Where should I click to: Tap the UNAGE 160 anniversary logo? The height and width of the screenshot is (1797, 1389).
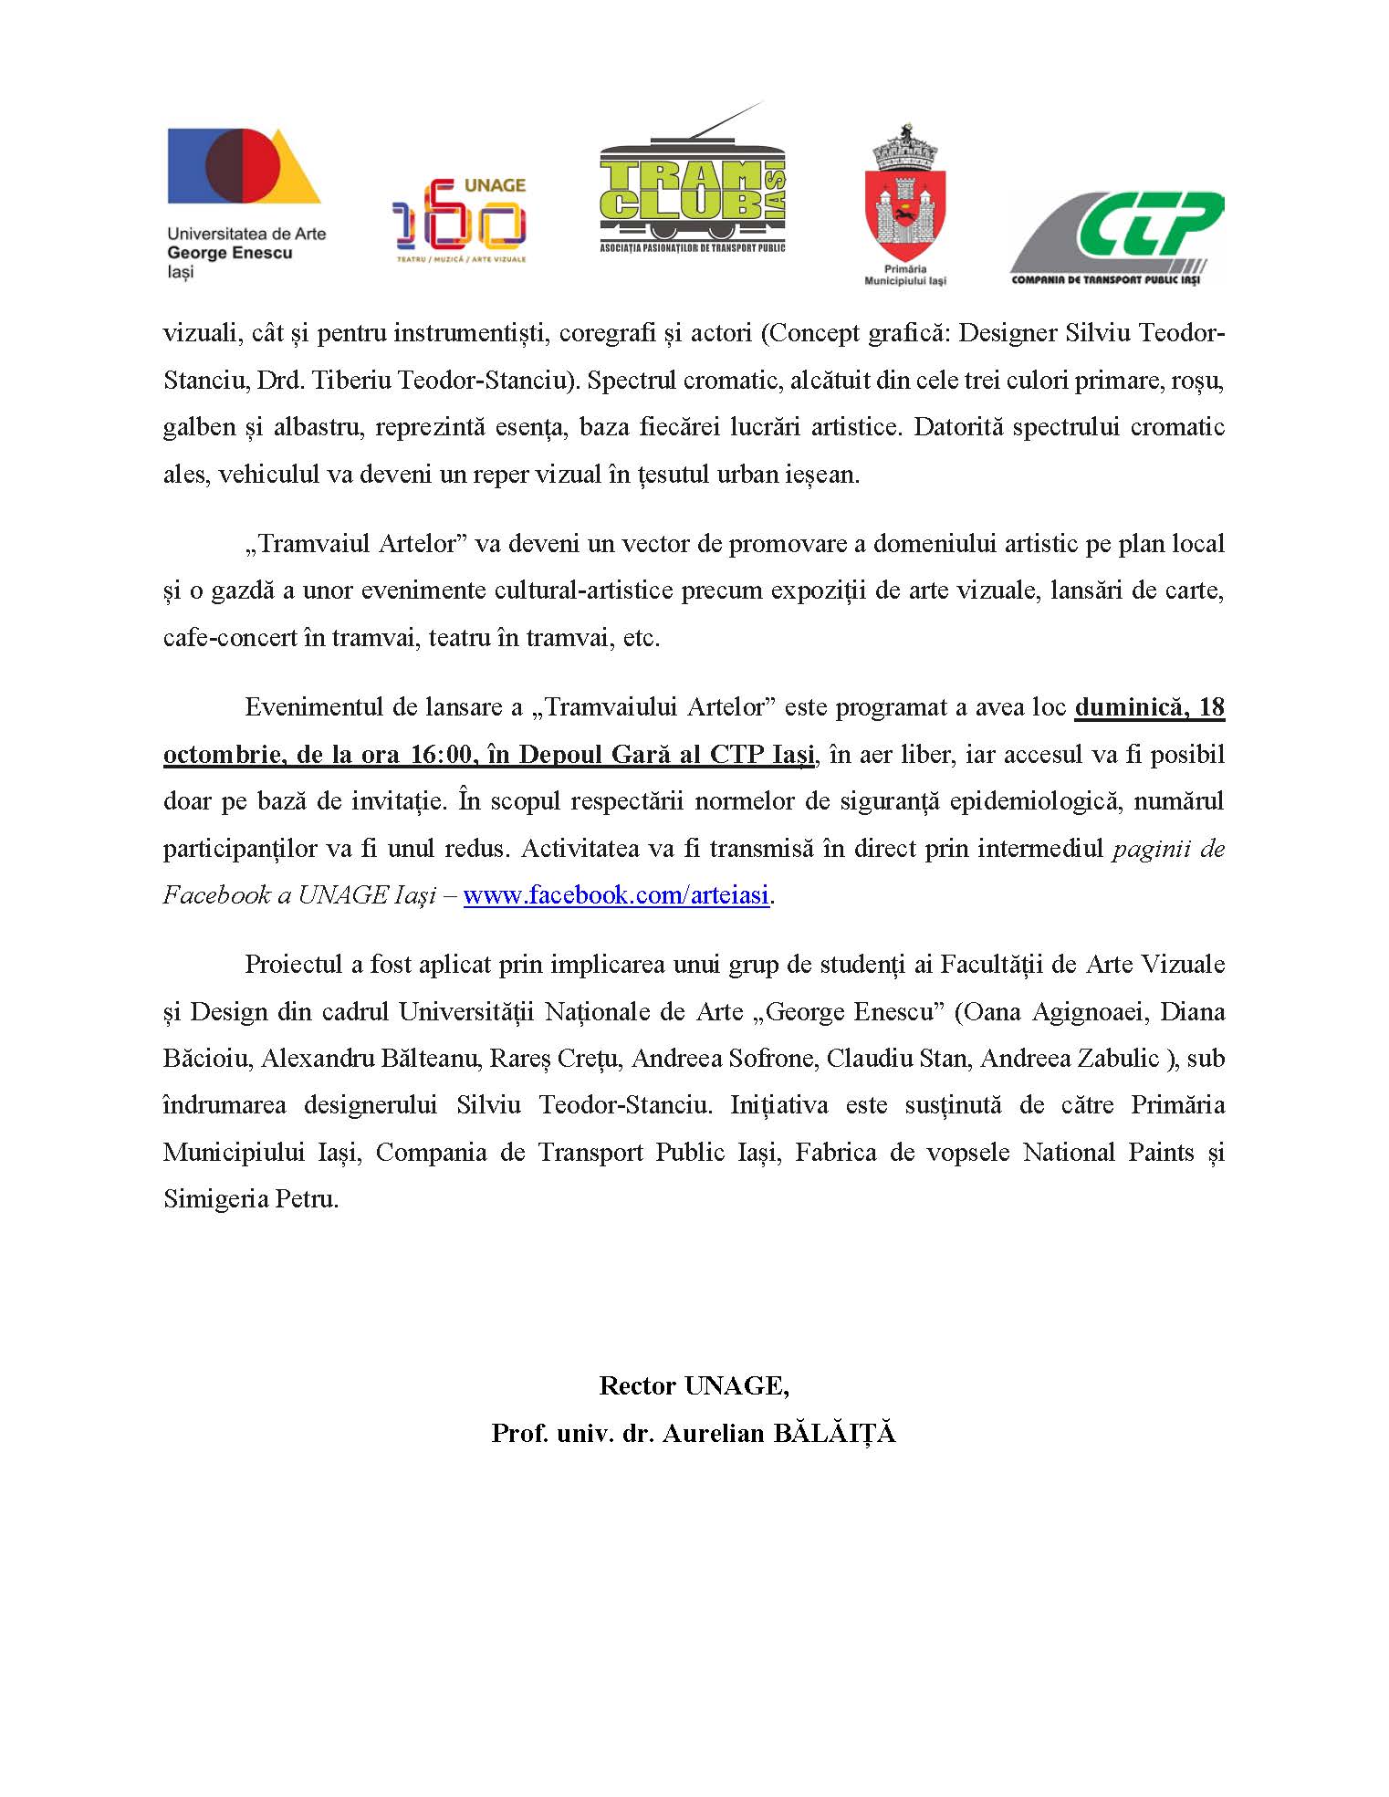(460, 220)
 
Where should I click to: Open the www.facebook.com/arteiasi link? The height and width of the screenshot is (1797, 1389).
(616, 895)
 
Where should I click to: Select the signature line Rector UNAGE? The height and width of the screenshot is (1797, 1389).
(694, 1385)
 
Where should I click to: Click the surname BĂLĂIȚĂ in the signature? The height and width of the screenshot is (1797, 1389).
(834, 1433)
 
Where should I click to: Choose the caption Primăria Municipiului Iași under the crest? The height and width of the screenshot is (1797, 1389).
(904, 275)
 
